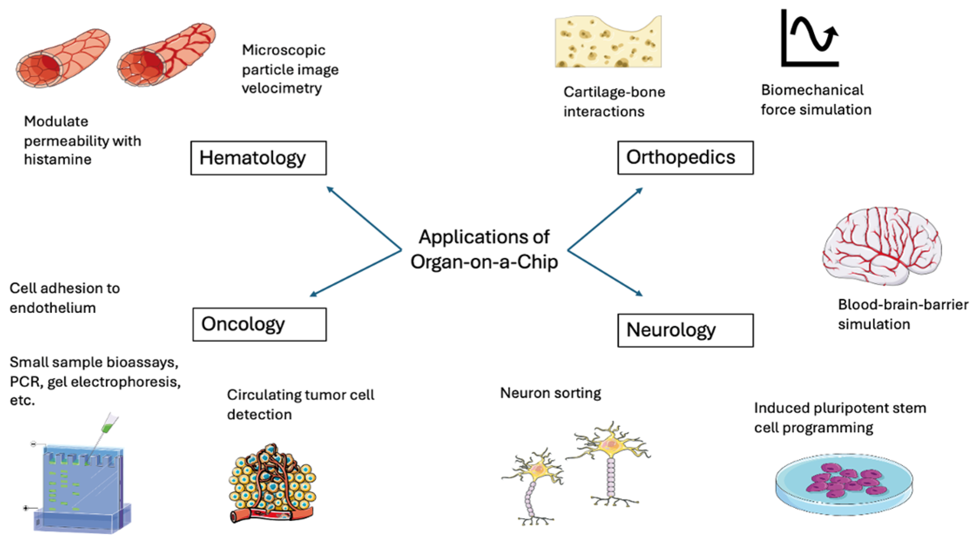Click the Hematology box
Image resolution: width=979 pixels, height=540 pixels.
(x=258, y=158)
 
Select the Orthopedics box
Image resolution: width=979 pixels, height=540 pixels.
(x=685, y=158)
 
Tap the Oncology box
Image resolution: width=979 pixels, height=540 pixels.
(x=259, y=325)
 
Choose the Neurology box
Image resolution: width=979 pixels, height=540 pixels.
(x=685, y=330)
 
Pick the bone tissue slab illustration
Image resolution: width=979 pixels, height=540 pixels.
(x=608, y=43)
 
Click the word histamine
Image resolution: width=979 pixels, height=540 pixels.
(x=57, y=160)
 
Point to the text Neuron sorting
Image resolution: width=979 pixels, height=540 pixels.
(x=550, y=393)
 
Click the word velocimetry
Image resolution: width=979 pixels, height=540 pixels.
(x=282, y=88)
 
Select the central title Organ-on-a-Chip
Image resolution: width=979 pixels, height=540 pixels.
(x=484, y=262)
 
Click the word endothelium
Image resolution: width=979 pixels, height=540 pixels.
(x=53, y=308)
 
